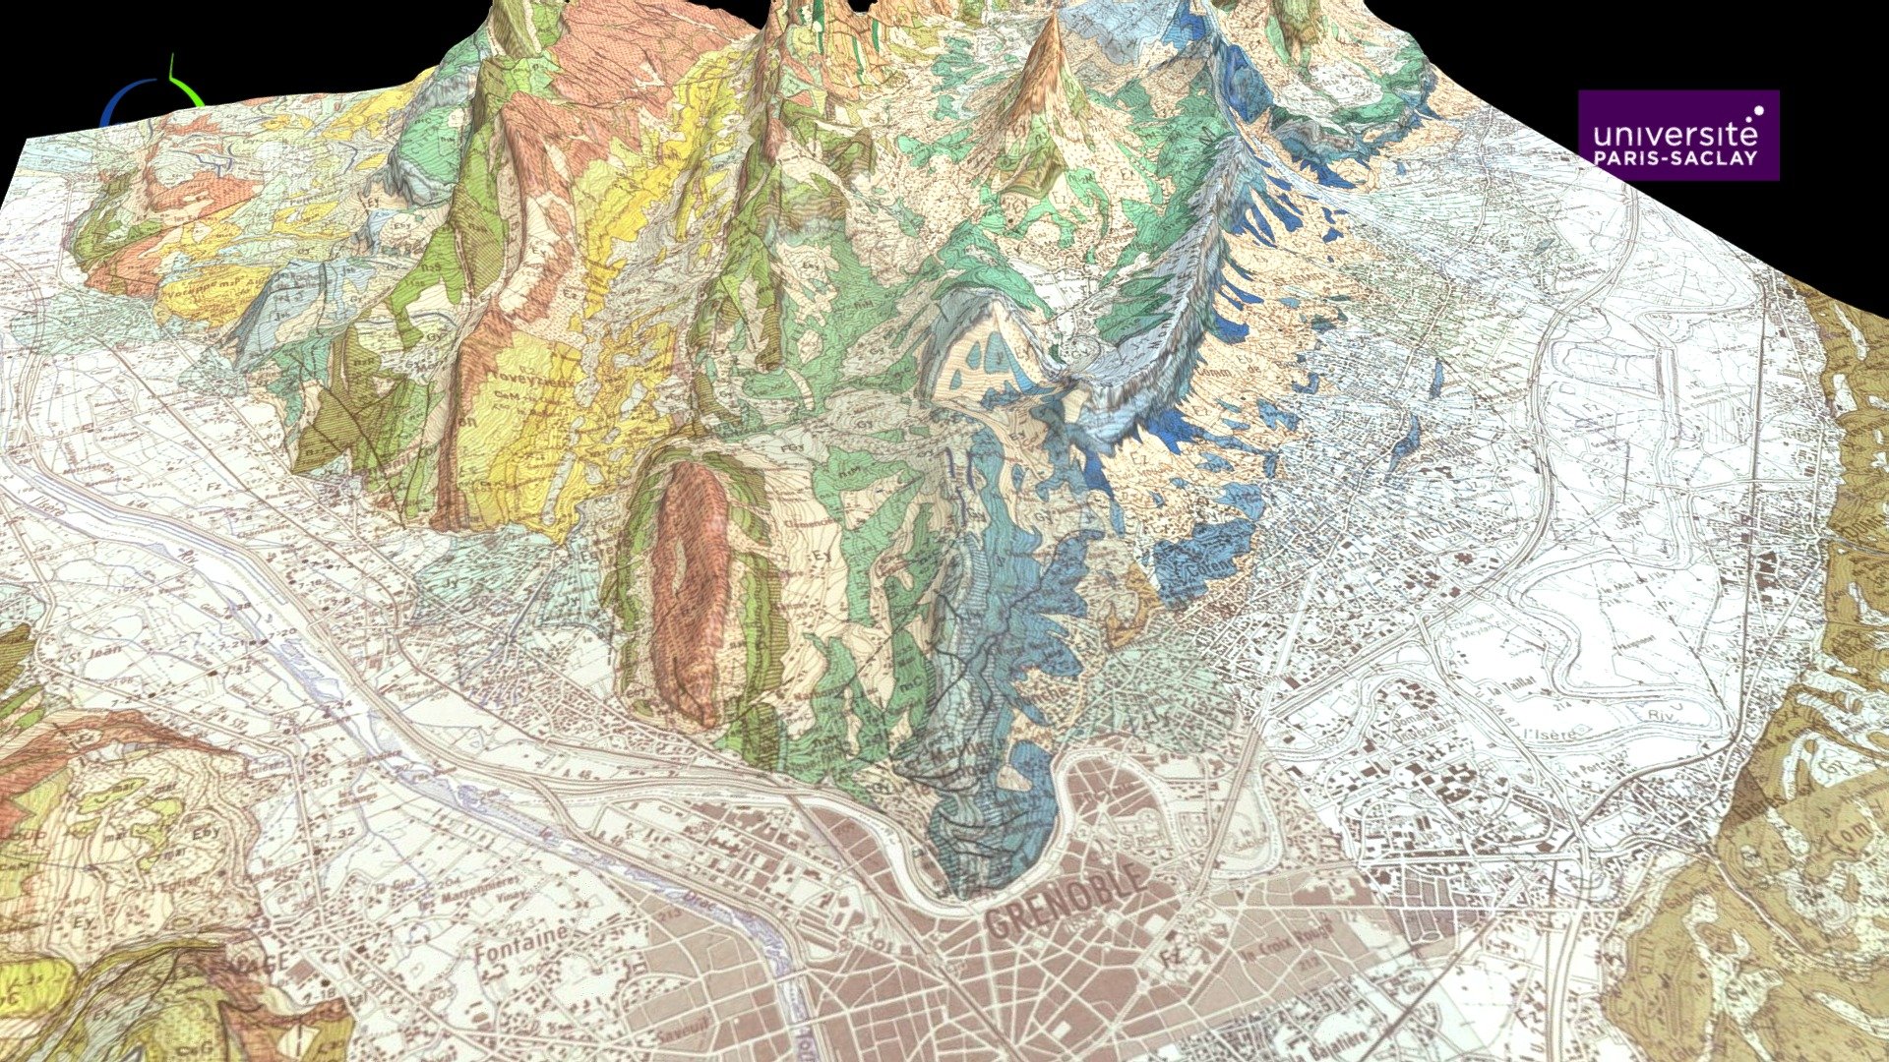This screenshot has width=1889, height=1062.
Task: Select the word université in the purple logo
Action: point(1669,133)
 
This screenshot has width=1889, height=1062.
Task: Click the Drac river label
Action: point(797,1023)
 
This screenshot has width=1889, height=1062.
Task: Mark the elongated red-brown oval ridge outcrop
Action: point(689,580)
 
